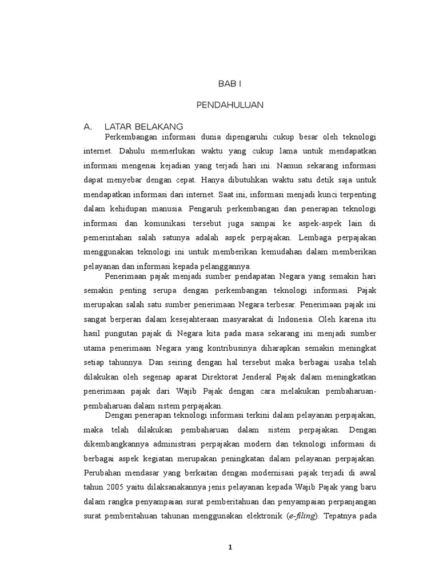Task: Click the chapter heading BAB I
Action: click(230, 84)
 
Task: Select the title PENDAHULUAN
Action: click(229, 105)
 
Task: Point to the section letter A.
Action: click(87, 126)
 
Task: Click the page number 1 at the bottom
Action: click(230, 547)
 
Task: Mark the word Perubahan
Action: click(103, 473)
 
